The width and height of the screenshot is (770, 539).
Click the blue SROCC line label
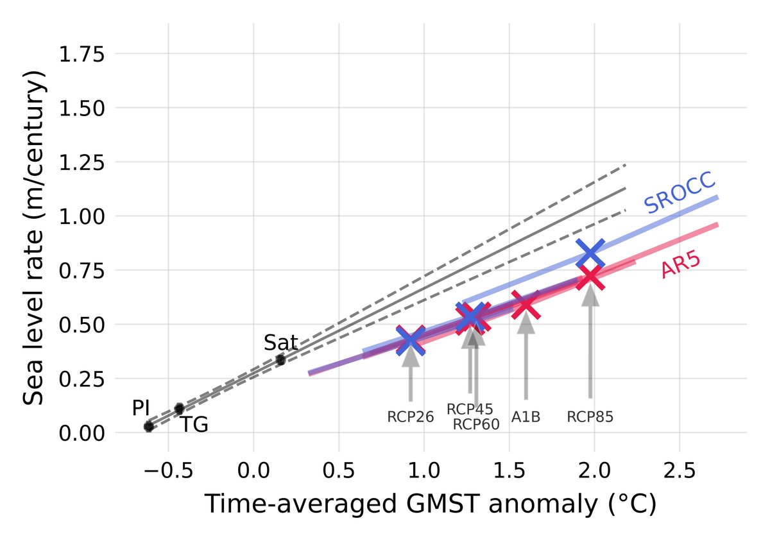point(680,193)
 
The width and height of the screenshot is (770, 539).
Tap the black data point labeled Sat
point(280,359)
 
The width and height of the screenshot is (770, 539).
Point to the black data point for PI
point(149,426)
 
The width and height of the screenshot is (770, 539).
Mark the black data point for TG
point(180,408)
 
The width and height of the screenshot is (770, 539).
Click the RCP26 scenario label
point(411,417)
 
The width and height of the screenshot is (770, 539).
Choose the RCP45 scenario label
point(470,409)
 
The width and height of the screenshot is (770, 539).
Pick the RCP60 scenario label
point(476,424)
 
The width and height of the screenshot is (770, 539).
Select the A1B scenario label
point(526,417)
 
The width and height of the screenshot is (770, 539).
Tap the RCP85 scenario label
point(590,417)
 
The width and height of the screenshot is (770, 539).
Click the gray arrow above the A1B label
point(526,359)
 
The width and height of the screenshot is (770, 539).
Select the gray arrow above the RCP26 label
point(411,375)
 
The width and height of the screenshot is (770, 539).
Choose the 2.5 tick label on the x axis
point(680,473)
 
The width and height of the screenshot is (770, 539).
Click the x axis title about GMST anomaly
point(430,505)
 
